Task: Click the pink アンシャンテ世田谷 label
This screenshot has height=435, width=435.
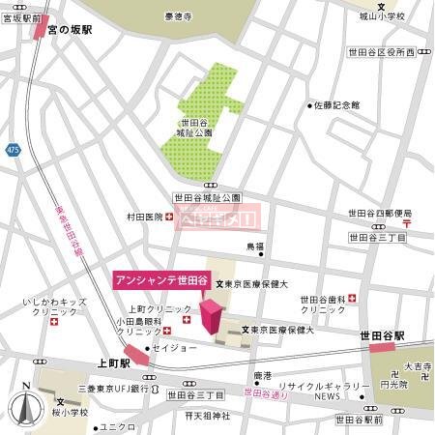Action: point(160,280)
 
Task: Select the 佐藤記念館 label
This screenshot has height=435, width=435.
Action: point(337,104)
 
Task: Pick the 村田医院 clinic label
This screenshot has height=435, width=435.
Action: point(144,217)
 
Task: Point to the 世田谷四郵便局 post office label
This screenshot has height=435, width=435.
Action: point(380,214)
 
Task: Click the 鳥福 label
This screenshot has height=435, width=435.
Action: point(253,246)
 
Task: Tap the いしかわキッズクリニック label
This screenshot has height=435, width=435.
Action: point(55,309)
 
